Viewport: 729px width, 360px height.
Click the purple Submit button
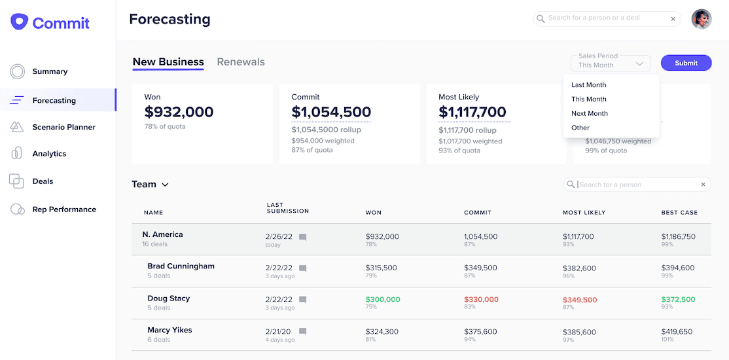tap(686, 63)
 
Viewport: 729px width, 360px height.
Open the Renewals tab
tap(241, 62)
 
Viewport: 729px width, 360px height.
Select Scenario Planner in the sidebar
tap(63, 127)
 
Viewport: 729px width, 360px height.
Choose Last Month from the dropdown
tap(588, 85)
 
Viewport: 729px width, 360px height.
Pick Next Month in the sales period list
tap(589, 114)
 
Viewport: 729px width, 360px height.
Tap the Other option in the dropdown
tap(580, 128)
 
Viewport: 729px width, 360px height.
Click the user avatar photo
tap(702, 19)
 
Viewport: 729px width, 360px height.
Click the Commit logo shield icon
tap(20, 22)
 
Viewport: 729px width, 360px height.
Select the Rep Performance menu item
tap(64, 209)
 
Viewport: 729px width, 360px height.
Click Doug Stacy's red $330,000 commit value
tap(481, 300)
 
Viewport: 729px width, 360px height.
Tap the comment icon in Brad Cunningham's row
tap(302, 268)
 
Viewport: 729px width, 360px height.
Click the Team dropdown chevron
tap(165, 185)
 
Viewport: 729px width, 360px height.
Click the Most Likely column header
tap(584, 213)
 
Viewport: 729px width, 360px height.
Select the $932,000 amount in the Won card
tap(179, 112)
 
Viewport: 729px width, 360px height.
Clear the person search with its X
tap(703, 185)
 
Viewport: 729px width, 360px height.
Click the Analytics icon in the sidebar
tap(17, 153)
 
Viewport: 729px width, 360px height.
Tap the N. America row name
tap(162, 234)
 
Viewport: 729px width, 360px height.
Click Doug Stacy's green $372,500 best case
tap(678, 300)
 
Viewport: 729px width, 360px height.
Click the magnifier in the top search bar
tap(541, 19)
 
